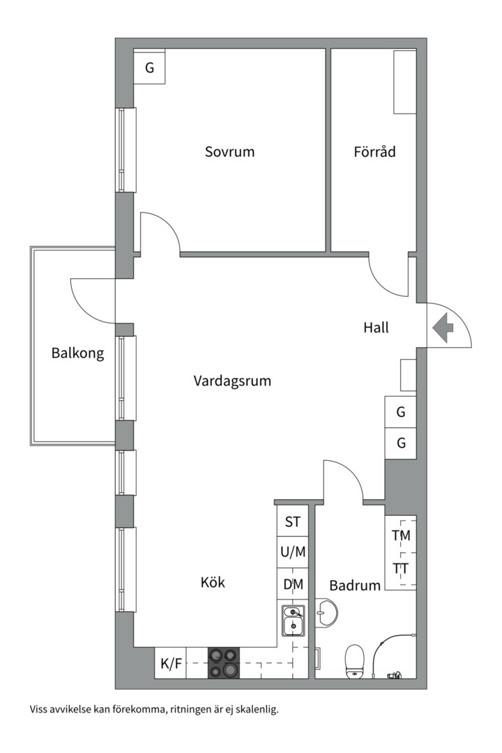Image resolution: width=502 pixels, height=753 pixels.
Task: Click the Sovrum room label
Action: [x=229, y=151]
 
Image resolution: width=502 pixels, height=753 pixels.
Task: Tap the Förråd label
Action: [x=374, y=151]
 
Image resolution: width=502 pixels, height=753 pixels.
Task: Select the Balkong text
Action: [x=77, y=353]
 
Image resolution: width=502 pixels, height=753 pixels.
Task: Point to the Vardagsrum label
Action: [x=232, y=381]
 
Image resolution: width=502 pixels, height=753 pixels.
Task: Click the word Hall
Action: [x=376, y=328]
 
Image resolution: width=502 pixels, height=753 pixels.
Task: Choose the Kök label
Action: [x=213, y=582]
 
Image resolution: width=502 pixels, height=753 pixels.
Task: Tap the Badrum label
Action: [x=355, y=585]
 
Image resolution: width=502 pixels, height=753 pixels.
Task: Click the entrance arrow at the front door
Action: [x=443, y=328]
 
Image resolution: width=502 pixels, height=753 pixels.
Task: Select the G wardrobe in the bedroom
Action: [x=149, y=68]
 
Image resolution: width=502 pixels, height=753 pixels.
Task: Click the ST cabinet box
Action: [x=292, y=522]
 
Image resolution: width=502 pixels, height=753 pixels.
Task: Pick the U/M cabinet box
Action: [x=293, y=552]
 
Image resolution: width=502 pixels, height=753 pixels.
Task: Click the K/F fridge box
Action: [x=172, y=663]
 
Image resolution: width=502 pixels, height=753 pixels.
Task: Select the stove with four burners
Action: [x=223, y=663]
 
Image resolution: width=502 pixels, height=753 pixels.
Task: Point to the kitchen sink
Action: [x=294, y=621]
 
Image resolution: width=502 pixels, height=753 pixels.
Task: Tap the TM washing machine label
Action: [x=401, y=536]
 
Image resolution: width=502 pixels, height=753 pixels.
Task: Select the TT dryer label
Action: [x=401, y=568]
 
